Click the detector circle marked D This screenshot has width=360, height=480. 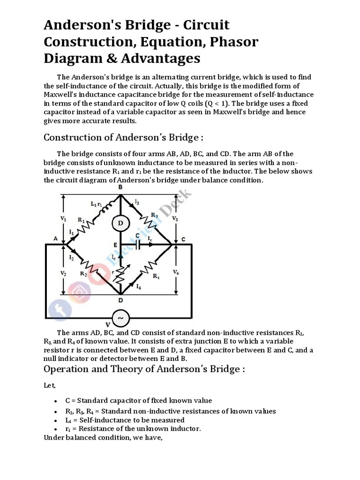tap(120, 224)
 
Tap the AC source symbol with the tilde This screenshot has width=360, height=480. tap(120, 318)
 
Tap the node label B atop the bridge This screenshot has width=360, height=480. tap(120, 187)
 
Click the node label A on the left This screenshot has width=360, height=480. tap(55, 239)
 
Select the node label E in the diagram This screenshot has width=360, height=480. tap(115, 245)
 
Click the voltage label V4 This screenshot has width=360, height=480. tap(176, 272)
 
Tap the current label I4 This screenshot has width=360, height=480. tap(139, 287)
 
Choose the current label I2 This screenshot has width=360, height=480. tap(71, 258)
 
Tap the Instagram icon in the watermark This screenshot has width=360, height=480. tap(79, 291)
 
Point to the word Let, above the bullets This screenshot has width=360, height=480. tap(50, 385)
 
